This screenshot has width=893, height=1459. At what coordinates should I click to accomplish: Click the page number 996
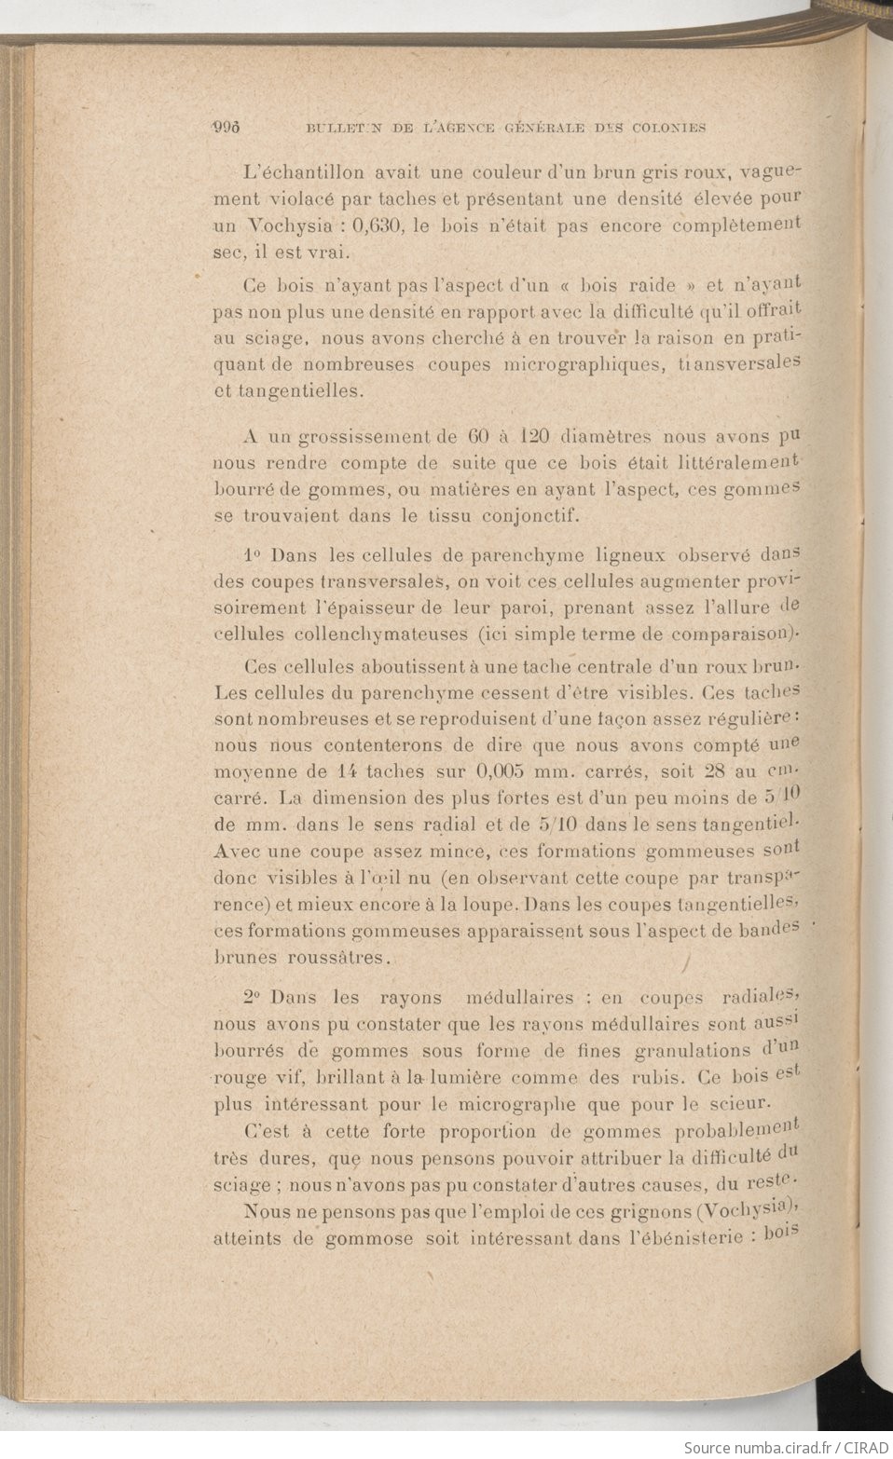click(x=227, y=128)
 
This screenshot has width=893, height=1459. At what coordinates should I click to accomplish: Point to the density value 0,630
click(x=373, y=225)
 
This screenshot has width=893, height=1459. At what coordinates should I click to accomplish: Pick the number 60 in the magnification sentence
click(x=478, y=436)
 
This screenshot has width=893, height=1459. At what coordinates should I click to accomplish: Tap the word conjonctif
click(x=534, y=514)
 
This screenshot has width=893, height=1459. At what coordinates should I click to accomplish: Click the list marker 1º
click(x=251, y=555)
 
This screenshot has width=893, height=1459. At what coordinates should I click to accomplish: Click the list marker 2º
click(x=251, y=997)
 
